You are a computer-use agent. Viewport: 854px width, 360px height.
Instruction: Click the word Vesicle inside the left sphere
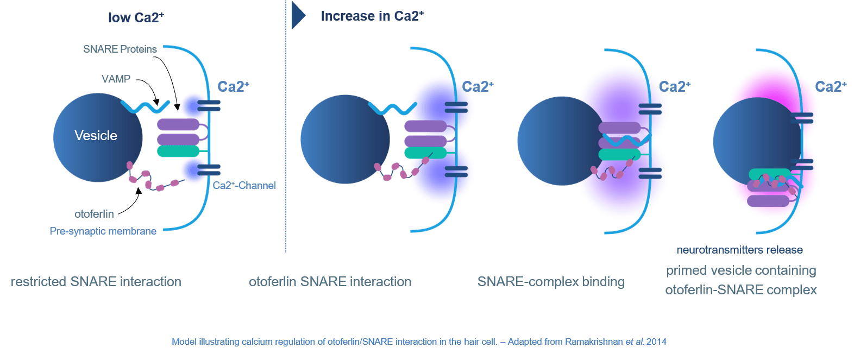tap(96, 136)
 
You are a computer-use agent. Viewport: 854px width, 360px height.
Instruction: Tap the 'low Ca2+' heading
tap(135, 17)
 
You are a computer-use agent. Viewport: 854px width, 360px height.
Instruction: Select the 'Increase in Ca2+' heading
tap(372, 16)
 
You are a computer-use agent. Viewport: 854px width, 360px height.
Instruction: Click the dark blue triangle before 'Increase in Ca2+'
tap(298, 15)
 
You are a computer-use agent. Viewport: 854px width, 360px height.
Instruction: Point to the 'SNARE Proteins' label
tap(120, 49)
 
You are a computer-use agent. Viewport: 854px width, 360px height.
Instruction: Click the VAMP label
tap(116, 79)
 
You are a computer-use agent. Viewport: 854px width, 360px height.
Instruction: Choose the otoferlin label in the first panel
tap(95, 214)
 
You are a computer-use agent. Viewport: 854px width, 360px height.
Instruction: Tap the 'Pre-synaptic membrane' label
tap(103, 231)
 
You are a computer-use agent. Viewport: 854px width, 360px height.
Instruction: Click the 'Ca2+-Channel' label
tap(244, 186)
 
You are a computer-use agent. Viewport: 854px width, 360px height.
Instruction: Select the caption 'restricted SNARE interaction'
tap(96, 282)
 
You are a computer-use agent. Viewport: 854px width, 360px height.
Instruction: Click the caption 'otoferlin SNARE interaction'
tap(330, 282)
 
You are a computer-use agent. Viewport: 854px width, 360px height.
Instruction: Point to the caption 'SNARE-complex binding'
tap(551, 282)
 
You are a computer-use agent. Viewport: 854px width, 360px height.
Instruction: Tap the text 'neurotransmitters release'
tap(740, 250)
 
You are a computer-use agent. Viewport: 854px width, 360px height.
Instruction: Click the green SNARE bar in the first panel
tap(178, 151)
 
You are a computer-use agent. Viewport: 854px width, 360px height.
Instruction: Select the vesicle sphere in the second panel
tap(345, 140)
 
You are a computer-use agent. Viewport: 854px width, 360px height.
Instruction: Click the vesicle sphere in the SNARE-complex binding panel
tap(560, 141)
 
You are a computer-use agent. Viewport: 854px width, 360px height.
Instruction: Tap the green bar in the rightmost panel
tap(769, 174)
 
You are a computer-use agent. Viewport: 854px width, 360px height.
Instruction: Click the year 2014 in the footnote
tap(656, 342)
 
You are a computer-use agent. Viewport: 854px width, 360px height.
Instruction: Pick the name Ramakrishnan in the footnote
tap(594, 342)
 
